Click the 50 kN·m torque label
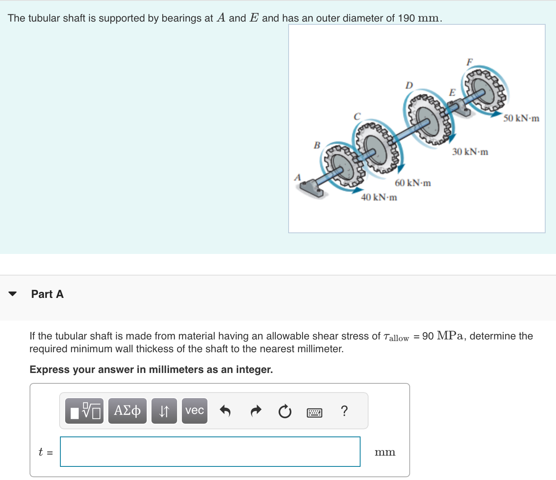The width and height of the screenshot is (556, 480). [521, 118]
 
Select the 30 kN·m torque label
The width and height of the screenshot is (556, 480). [470, 152]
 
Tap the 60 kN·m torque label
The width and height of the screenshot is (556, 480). [413, 183]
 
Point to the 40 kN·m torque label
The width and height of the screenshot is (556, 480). [379, 197]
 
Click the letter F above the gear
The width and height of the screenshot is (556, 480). [470, 62]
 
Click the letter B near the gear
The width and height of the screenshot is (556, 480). [317, 145]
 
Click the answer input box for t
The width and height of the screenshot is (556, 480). [210, 452]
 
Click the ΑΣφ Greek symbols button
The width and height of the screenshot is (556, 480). [127, 411]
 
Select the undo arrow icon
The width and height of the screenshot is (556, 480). [225, 411]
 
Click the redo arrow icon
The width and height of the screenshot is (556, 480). [256, 411]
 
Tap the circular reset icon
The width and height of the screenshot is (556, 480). [285, 411]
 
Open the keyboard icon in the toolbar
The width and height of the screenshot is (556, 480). [314, 413]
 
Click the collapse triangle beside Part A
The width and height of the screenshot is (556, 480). [13, 294]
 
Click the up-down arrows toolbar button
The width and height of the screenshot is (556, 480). [164, 411]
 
